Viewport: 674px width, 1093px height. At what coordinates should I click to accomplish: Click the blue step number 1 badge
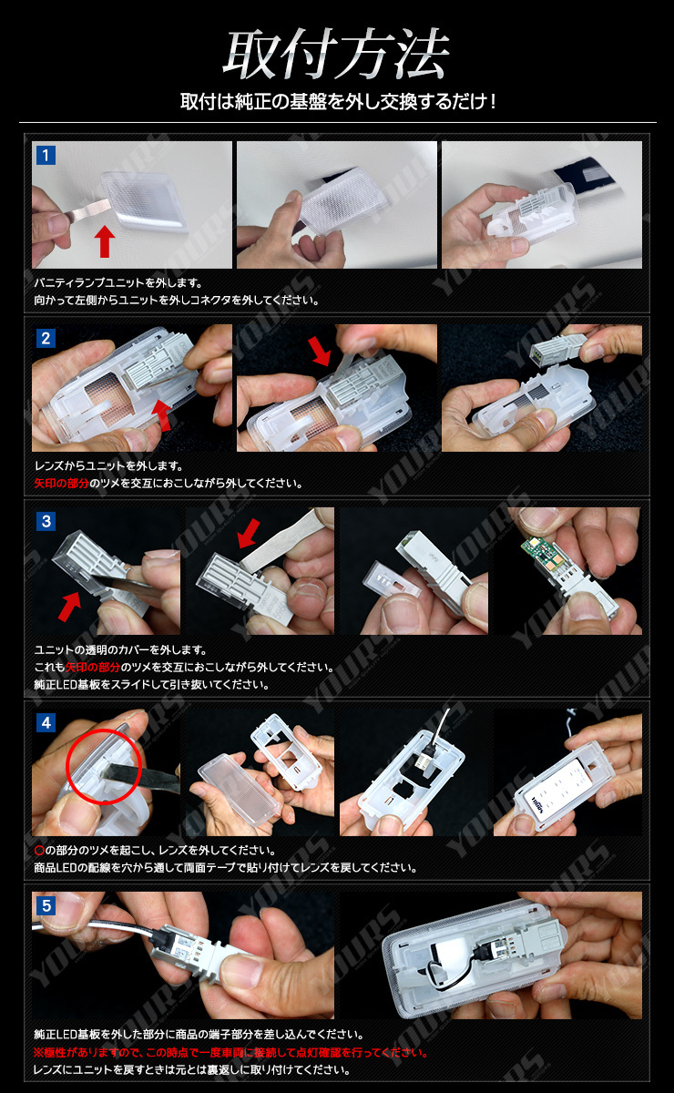(46, 155)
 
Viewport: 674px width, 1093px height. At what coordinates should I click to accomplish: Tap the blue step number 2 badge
(46, 338)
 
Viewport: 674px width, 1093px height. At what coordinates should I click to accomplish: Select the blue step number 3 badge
(46, 521)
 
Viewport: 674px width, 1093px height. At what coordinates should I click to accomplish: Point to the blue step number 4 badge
(46, 722)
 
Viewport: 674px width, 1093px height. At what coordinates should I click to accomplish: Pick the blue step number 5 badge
(46, 905)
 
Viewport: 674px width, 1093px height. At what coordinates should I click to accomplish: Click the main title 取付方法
(336, 54)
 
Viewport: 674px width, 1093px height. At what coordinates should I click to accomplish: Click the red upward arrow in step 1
(105, 241)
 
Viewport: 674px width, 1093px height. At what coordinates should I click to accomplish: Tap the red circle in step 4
(104, 766)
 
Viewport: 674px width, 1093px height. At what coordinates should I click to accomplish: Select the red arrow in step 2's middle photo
(320, 351)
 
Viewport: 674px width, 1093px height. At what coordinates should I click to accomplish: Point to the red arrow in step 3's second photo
(249, 534)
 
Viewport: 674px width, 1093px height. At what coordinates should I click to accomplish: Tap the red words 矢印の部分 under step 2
(62, 483)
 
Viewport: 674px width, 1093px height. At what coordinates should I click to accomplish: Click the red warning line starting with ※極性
(230, 1052)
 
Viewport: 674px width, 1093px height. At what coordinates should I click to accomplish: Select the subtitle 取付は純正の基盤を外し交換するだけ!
(338, 101)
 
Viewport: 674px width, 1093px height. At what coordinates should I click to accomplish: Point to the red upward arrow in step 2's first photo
(163, 416)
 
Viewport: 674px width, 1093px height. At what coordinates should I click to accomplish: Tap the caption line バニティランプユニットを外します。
(118, 283)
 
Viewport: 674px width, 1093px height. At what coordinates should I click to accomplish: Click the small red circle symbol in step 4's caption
(39, 851)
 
